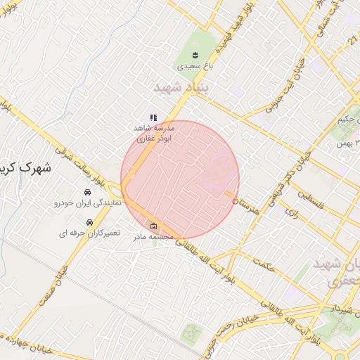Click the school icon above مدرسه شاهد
click(153, 118)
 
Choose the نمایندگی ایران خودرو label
click(88, 202)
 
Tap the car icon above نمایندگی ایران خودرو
click(87, 192)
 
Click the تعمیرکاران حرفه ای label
click(89, 232)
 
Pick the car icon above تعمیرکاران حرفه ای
click(89, 222)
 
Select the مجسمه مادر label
click(153, 237)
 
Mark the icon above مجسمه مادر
click(153, 226)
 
